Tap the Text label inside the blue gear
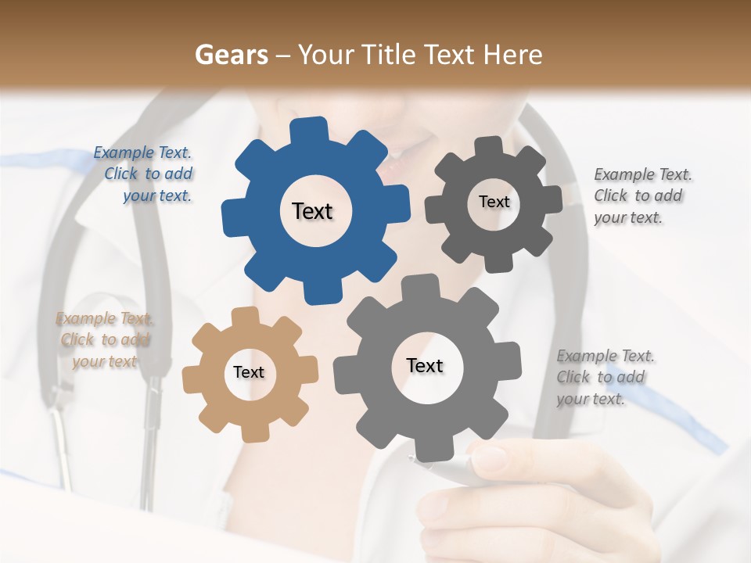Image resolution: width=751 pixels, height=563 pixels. pyautogui.click(x=312, y=211)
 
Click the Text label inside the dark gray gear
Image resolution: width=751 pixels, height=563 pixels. pyautogui.click(x=494, y=202)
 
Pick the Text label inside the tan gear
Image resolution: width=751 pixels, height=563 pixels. pyautogui.click(x=249, y=372)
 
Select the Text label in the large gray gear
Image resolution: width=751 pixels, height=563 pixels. pyautogui.click(x=425, y=365)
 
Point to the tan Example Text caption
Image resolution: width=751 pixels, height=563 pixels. pyautogui.click(x=105, y=340)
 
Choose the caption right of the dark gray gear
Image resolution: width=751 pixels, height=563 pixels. pyautogui.click(x=641, y=196)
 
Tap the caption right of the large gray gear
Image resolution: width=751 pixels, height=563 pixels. pyautogui.click(x=604, y=378)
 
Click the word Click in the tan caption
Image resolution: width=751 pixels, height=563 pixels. pyautogui.click(x=77, y=340)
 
